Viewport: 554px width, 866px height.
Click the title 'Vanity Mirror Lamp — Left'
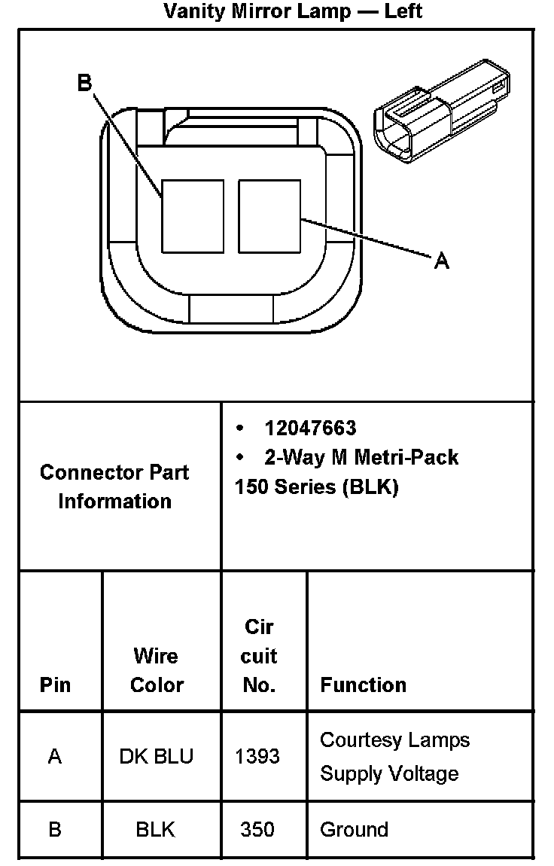[292, 11]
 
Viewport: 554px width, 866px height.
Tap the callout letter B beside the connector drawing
[84, 82]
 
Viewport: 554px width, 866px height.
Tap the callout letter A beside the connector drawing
[442, 261]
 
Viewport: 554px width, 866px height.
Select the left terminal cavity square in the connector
[193, 215]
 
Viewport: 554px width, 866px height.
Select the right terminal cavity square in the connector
[269, 215]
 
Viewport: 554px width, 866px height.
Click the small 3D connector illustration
[441, 113]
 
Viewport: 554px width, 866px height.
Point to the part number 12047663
[310, 428]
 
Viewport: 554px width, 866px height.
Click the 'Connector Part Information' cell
[114, 486]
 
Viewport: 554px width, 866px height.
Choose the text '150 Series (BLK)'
[316, 486]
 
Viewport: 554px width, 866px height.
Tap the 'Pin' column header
[56, 685]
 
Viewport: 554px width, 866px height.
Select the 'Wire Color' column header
[157, 670]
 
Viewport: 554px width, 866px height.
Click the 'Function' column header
[363, 685]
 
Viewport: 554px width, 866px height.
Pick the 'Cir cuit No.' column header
[259, 656]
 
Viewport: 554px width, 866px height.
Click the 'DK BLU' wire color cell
[157, 756]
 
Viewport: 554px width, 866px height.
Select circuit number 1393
[257, 756]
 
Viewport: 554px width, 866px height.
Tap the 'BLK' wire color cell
[156, 830]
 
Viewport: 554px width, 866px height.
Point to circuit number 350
[257, 830]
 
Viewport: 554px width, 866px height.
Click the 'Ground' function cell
[354, 830]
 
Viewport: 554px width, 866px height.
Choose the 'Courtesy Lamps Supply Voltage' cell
[394, 756]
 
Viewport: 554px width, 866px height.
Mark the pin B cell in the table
[55, 830]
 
